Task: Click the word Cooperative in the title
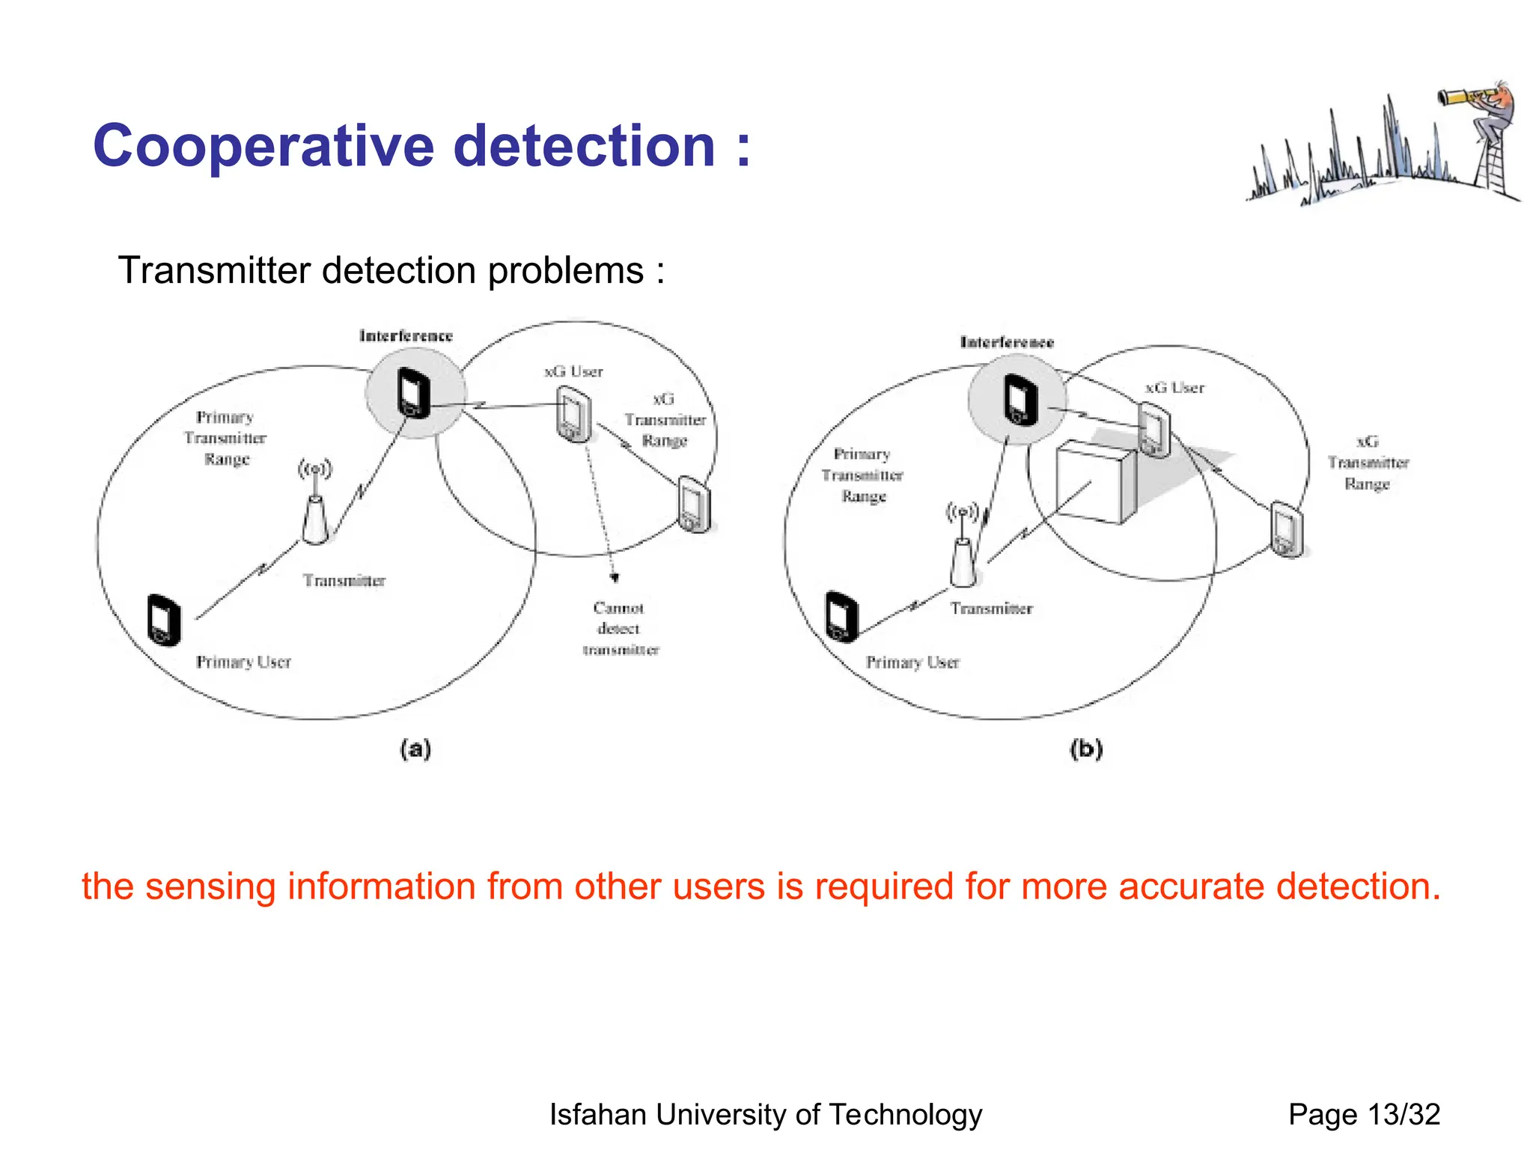[263, 146]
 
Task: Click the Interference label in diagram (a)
[406, 336]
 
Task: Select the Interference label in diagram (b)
[1007, 343]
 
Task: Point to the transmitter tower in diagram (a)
[315, 517]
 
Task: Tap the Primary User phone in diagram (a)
[165, 619]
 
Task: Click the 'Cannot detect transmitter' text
[620, 629]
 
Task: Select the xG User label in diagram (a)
[573, 371]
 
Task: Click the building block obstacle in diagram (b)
[1094, 481]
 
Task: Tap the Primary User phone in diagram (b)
[841, 616]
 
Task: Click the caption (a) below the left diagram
[415, 749]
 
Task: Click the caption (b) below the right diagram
[1086, 749]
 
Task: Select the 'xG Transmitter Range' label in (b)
[1368, 463]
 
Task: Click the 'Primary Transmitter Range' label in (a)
[225, 438]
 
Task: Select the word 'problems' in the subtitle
[565, 270]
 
